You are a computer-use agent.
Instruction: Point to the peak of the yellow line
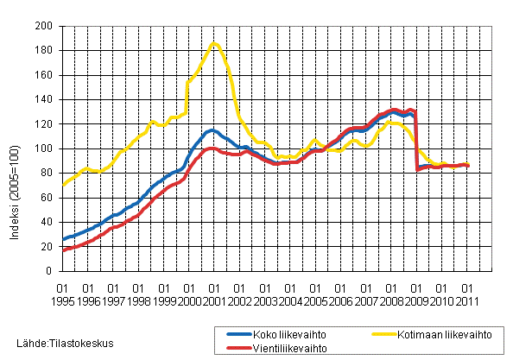click(214, 43)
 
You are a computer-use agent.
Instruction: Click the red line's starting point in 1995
click(63, 249)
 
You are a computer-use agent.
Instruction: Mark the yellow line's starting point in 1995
click(63, 185)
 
